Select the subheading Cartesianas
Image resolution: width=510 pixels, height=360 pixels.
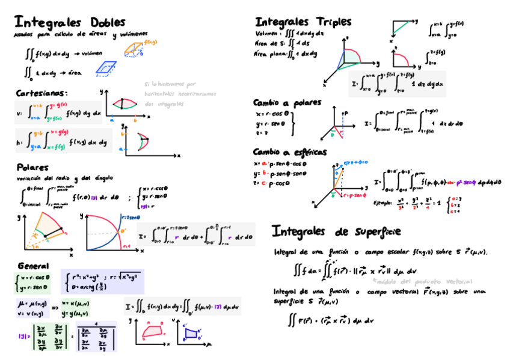pos(41,94)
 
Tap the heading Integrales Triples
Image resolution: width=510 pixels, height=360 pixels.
pos(303,22)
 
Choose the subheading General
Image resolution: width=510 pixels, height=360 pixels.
pos(34,266)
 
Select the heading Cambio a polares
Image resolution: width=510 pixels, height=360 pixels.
pos(287,103)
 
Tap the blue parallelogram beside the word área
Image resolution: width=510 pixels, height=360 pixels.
pos(108,69)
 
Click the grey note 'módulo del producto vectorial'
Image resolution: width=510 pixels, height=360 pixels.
pos(422,281)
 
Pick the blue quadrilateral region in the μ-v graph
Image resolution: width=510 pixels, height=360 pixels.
pos(192,333)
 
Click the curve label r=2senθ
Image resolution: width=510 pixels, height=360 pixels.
pos(131,217)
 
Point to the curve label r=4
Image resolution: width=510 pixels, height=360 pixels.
pos(126,246)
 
